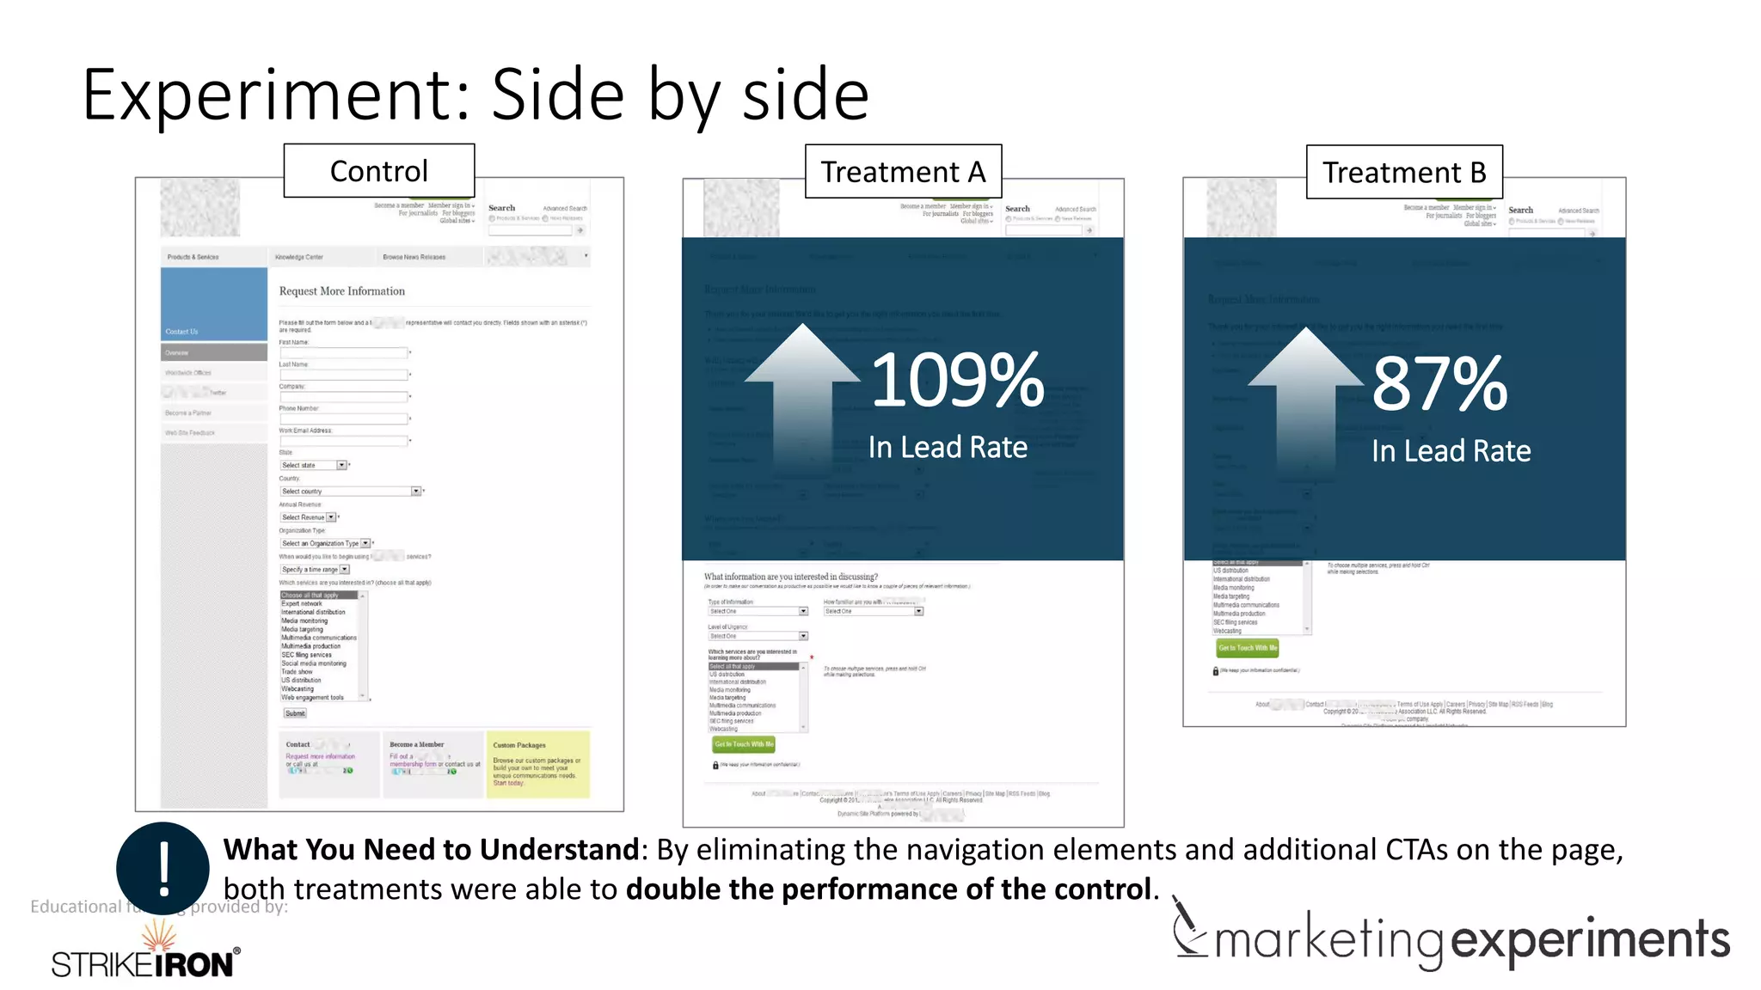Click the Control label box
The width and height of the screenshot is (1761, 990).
point(378,171)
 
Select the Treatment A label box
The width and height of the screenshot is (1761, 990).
point(903,172)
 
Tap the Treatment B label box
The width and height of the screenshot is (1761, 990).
point(1404,173)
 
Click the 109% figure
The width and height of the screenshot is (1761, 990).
point(957,381)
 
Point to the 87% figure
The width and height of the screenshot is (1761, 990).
point(1439,384)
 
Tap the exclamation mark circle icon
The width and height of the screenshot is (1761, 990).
point(163,868)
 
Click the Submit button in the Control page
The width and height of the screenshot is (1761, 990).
point(295,713)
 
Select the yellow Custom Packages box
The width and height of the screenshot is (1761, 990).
point(538,764)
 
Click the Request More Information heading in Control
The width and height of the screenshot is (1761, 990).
point(341,291)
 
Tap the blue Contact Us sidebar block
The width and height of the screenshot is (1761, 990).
point(214,304)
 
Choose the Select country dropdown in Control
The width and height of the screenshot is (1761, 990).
point(350,492)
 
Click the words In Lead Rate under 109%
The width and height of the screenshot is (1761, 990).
point(948,448)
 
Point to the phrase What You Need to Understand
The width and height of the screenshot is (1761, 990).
point(431,850)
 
